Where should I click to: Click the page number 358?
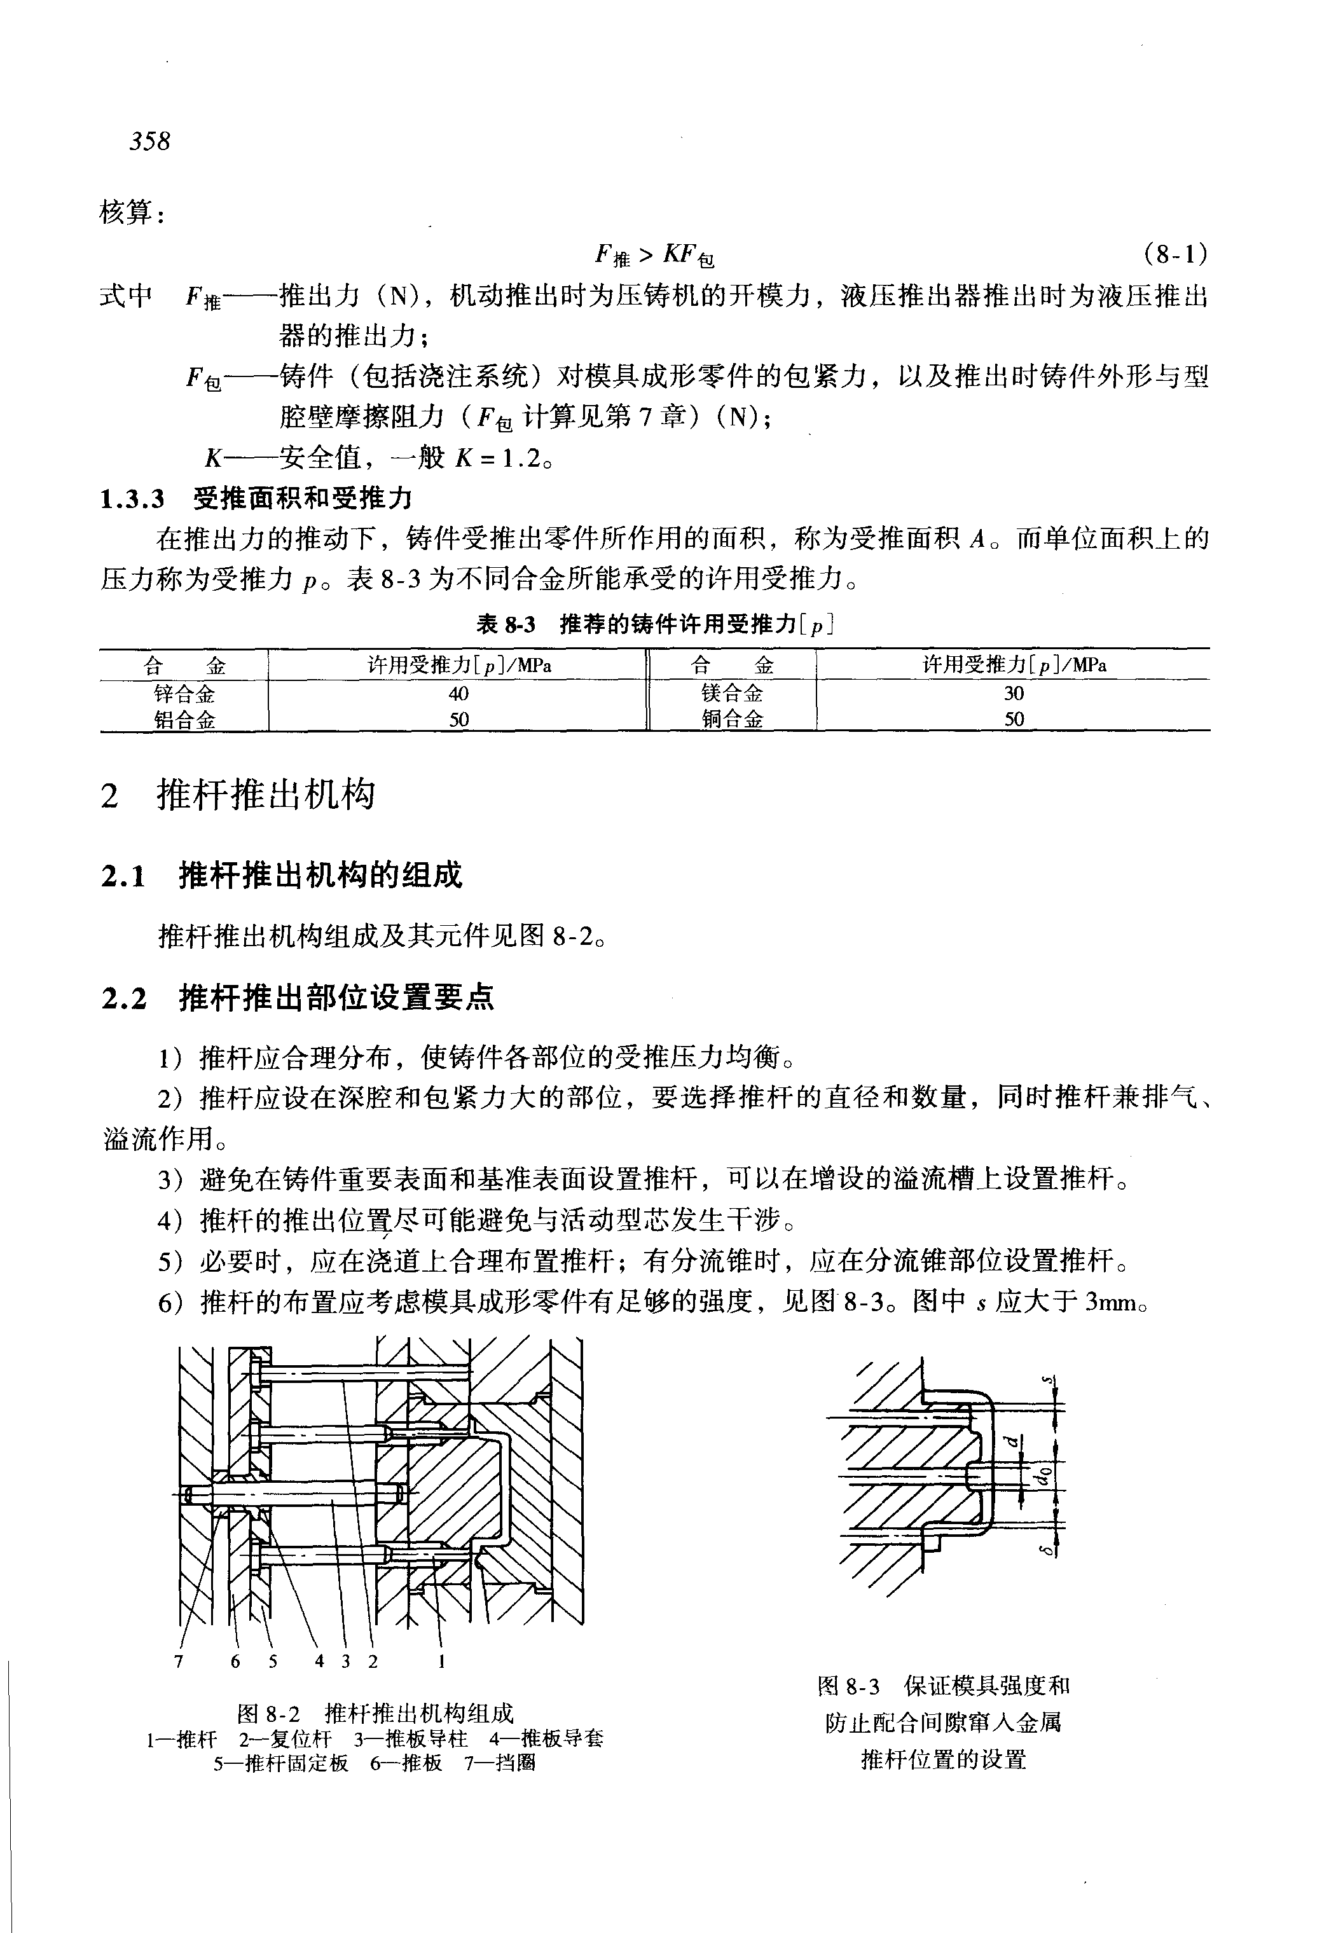[x=150, y=141]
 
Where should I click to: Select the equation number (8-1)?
[x=1176, y=252]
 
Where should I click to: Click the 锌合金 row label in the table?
[x=184, y=694]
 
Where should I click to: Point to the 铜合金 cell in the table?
[x=731, y=719]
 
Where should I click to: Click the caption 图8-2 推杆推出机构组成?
[x=375, y=1712]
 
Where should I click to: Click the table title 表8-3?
[x=506, y=624]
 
